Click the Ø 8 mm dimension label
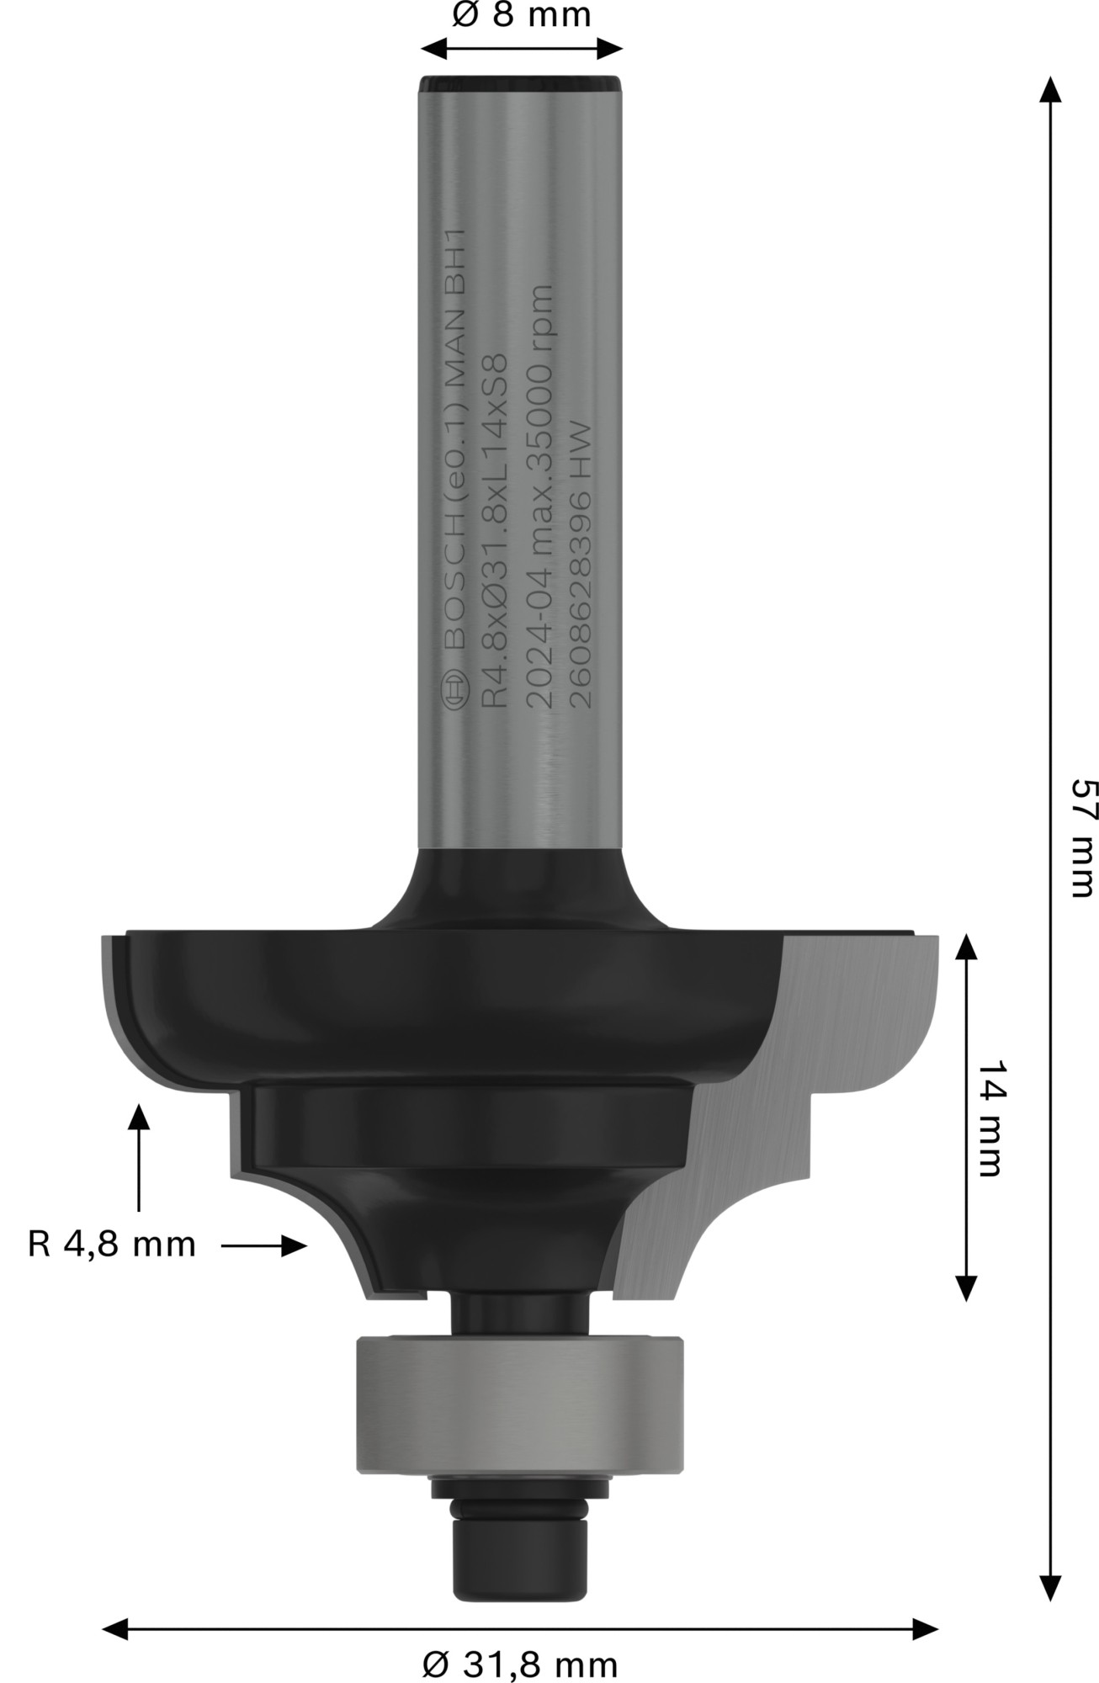point(521,15)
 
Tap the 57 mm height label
point(1082,837)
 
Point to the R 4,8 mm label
point(112,1244)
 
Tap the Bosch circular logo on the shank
point(454,693)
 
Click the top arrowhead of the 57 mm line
point(1049,88)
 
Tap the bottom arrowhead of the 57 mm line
point(1049,1586)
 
